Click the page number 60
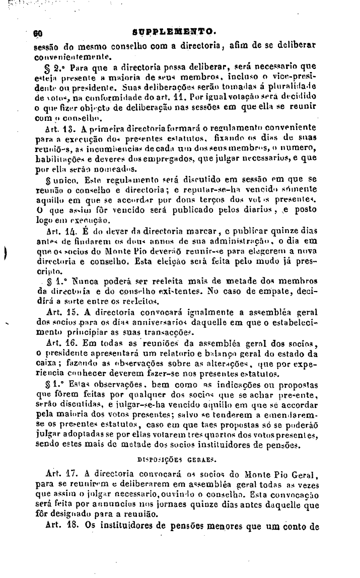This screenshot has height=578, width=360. (37, 31)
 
